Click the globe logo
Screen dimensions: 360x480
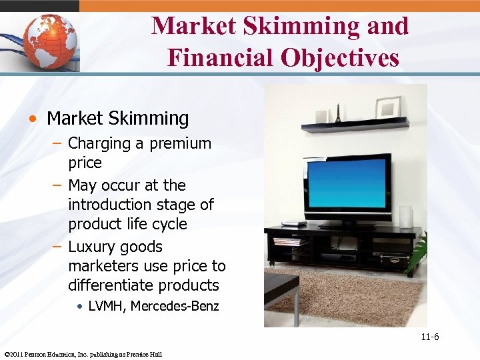click(50, 41)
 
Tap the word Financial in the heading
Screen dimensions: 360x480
click(209, 57)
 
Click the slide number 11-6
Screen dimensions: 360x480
click(429, 337)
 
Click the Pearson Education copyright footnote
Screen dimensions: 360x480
click(83, 354)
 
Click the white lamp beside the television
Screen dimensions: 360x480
click(405, 216)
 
